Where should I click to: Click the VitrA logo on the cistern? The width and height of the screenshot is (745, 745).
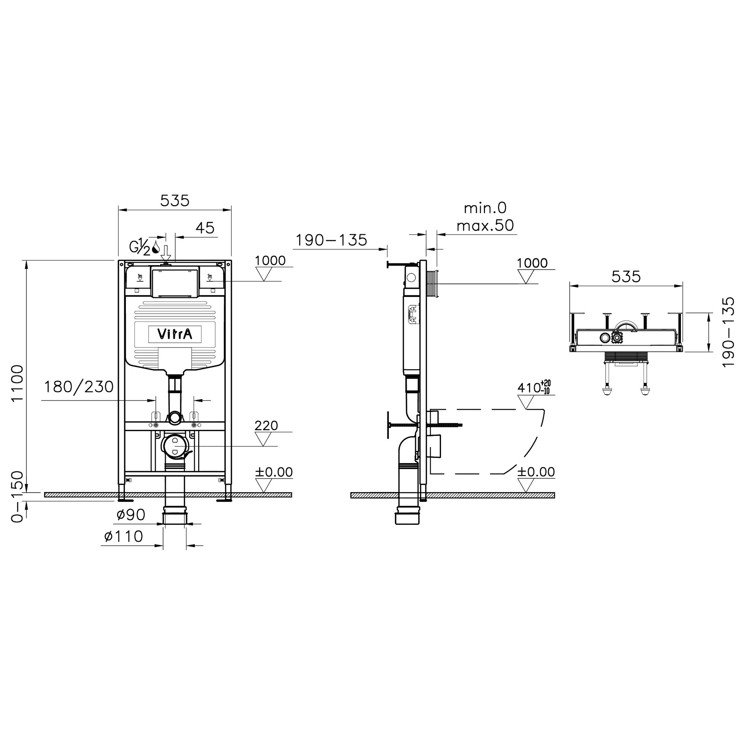(175, 334)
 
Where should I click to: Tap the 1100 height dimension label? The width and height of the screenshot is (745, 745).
(18, 383)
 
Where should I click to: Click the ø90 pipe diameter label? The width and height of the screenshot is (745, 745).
(131, 515)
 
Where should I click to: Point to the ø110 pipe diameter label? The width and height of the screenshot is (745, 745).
(123, 536)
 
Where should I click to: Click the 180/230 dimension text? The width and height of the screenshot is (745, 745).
(79, 387)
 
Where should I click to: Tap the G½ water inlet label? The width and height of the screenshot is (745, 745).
(140, 247)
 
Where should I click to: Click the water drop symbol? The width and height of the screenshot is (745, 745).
(156, 247)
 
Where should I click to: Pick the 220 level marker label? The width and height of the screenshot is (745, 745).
(266, 426)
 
